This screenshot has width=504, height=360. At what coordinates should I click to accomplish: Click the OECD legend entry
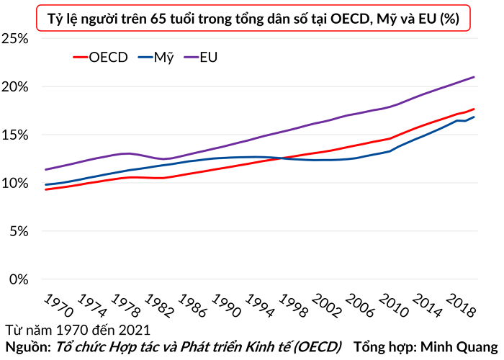click(x=100, y=58)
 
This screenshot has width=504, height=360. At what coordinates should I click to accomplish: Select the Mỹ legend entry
click(x=156, y=58)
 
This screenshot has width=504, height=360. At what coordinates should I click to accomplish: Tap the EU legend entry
click(x=201, y=58)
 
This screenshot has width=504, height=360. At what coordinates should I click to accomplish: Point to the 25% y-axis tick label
click(x=15, y=39)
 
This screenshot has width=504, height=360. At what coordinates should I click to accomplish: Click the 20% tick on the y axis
click(x=15, y=87)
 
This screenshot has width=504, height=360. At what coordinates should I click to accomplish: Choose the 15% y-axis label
click(x=15, y=135)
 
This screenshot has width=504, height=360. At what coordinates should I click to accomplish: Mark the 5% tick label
click(x=19, y=231)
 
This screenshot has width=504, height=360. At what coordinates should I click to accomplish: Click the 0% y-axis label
click(x=19, y=279)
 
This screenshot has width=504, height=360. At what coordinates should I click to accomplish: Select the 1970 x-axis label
click(x=59, y=305)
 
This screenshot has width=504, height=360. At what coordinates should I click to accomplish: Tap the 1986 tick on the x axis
click(x=193, y=305)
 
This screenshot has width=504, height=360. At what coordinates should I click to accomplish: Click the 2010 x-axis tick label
click(x=394, y=305)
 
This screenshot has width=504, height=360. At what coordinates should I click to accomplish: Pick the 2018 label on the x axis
click(x=461, y=305)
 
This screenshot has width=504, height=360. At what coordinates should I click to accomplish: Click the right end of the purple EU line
click(x=474, y=77)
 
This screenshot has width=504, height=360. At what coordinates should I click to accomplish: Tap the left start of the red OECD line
click(x=46, y=189)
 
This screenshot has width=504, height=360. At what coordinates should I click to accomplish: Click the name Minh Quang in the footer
click(x=459, y=347)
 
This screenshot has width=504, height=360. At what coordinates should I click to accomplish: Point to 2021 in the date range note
click(x=135, y=330)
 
